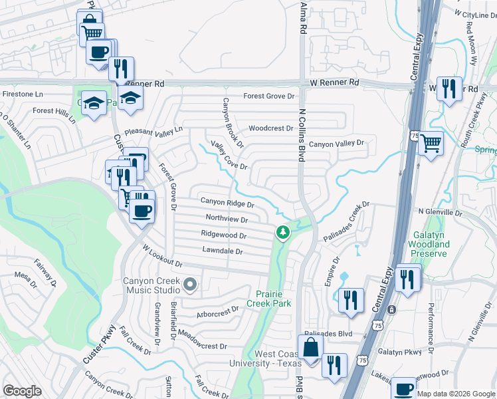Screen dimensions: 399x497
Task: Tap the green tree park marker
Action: [283, 232]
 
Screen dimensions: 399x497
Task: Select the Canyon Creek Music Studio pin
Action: [190, 285]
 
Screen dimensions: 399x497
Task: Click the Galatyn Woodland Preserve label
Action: [431, 249]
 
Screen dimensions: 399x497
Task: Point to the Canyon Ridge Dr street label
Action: [227, 202]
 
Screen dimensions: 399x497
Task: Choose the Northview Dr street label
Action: [227, 219]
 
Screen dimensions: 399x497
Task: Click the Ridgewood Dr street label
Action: [224, 235]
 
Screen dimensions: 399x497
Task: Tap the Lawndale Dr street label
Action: [222, 251]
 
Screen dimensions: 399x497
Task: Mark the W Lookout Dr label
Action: [162, 255]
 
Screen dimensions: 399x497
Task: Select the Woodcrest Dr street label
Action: [270, 128]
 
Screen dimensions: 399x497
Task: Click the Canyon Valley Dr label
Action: [337, 144]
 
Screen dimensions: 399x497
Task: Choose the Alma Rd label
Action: [304, 17]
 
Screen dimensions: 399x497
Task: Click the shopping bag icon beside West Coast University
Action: [310, 347]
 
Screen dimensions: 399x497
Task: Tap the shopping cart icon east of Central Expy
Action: [431, 142]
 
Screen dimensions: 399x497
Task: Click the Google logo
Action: [23, 391]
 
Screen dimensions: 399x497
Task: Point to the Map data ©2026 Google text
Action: [456, 394]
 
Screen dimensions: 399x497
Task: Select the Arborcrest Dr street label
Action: [217, 311]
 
